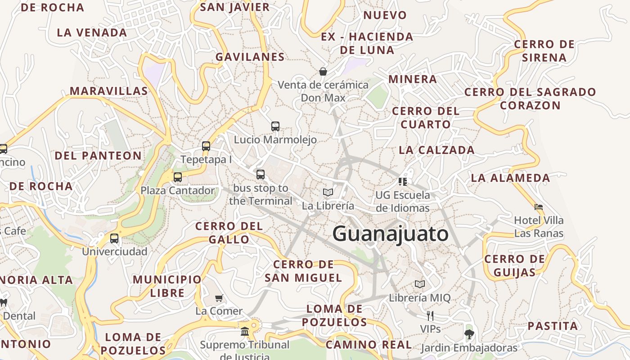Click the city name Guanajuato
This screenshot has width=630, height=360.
[x=390, y=234]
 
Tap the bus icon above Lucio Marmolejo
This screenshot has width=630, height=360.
[x=275, y=126]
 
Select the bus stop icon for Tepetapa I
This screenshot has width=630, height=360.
[x=206, y=146]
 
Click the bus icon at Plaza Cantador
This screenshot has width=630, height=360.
[x=178, y=177]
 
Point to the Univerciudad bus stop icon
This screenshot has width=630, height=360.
[x=114, y=238]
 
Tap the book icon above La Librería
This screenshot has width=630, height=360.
[x=328, y=193]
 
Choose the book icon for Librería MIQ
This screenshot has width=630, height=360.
[x=420, y=284]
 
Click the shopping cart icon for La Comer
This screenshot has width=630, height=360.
[x=219, y=298]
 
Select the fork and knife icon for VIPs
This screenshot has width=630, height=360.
[x=430, y=315]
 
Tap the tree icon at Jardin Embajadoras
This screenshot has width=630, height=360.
[x=469, y=334]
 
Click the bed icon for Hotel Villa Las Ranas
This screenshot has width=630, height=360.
[x=539, y=207]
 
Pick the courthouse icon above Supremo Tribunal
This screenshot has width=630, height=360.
[x=245, y=332]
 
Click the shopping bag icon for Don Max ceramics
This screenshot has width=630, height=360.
[x=323, y=71]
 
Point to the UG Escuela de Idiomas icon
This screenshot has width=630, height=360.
[x=403, y=181]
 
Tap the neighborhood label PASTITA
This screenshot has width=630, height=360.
[x=553, y=326]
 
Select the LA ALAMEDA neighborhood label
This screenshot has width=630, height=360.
[x=510, y=178]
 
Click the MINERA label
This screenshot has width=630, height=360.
[x=413, y=79]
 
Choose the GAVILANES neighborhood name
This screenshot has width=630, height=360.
[x=250, y=57]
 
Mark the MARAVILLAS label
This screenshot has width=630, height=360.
[x=108, y=91]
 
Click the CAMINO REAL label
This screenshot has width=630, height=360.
[x=369, y=345]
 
